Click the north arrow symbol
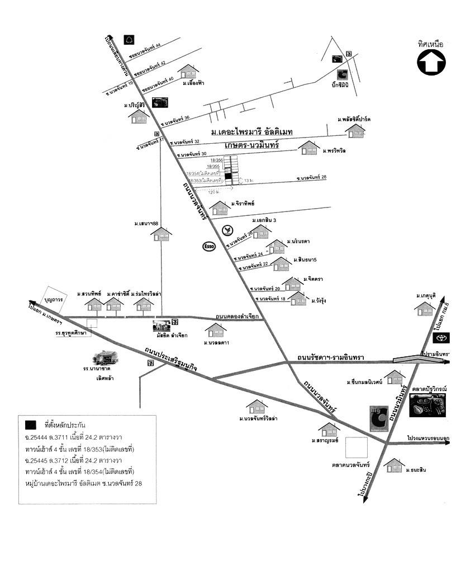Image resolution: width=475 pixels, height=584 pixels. (431, 62)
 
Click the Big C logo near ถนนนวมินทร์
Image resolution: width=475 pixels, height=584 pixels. (379, 418)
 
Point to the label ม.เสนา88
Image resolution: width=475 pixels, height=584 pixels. (147, 224)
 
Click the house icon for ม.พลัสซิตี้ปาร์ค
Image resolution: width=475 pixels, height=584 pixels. (355, 131)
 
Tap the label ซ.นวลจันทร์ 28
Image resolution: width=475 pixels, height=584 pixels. (311, 178)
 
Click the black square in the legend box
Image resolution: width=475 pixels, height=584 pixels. (30, 424)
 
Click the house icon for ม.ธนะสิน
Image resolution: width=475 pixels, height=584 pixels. (395, 465)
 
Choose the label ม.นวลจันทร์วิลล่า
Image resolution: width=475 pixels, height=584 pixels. (259, 418)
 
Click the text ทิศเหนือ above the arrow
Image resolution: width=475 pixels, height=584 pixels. (430, 44)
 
